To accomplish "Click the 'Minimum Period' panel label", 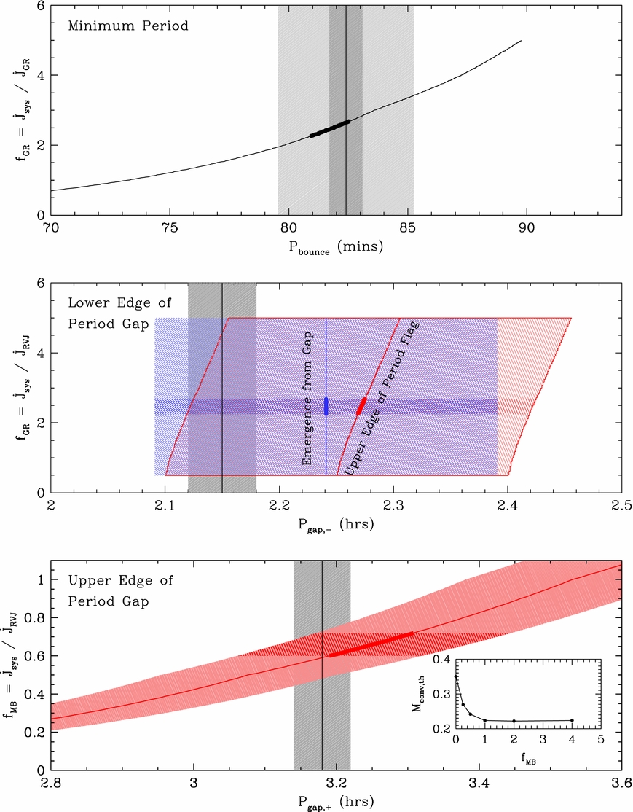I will click(117, 27).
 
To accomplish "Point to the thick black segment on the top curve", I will click(329, 128).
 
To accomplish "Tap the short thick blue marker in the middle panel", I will click(326, 407).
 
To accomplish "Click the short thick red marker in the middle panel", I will click(361, 407).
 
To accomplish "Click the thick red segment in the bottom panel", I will click(371, 644).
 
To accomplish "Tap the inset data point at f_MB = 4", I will click(572, 720).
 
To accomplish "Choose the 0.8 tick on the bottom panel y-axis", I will click(32, 617).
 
